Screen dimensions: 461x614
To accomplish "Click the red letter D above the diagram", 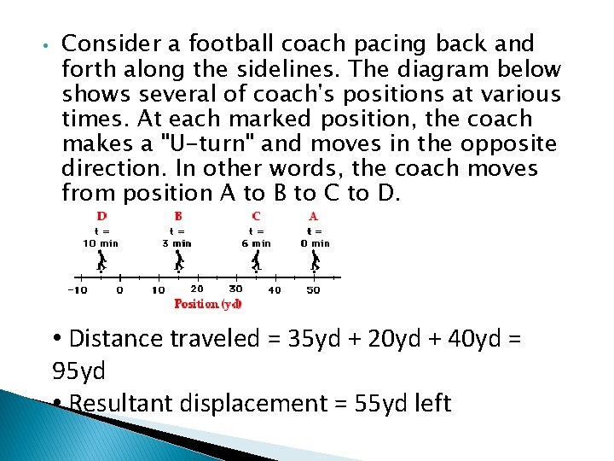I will tap(101, 217).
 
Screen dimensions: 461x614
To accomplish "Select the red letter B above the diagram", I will tap(178, 217).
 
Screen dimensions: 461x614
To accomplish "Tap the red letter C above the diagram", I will tap(256, 217).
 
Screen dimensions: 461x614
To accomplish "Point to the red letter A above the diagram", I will tap(314, 217).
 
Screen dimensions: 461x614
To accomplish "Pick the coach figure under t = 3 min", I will tap(179, 260).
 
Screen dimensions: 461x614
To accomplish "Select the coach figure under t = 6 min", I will tap(256, 260).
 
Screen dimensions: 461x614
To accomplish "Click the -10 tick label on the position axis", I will tap(78, 290).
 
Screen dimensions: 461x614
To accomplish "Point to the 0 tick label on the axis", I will tap(119, 290).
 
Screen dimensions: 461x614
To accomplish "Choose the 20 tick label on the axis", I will tap(197, 289).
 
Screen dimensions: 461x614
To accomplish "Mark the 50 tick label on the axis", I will tap(313, 290).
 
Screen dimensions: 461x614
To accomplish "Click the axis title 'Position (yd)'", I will tap(208, 303).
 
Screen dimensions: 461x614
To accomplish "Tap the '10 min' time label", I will tap(101, 242).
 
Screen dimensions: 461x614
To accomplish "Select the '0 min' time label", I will tap(315, 242).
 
